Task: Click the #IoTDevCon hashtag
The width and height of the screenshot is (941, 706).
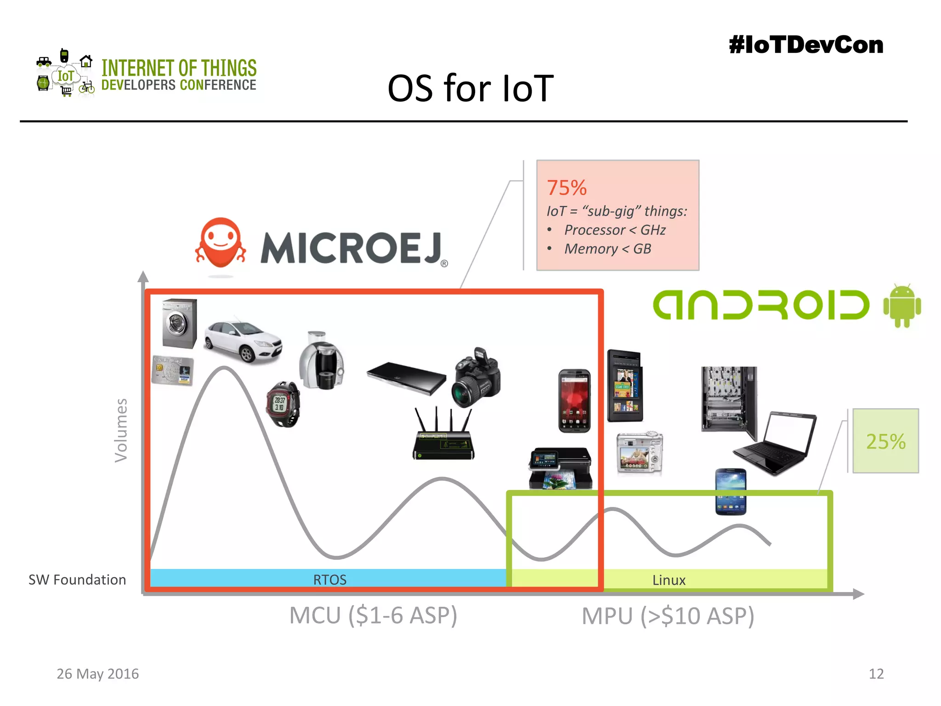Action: pyautogui.click(x=805, y=45)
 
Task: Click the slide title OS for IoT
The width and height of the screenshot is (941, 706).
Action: pyautogui.click(x=470, y=88)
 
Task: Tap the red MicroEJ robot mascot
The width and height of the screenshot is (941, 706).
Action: pyautogui.click(x=221, y=244)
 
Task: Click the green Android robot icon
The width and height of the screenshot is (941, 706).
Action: pyautogui.click(x=901, y=306)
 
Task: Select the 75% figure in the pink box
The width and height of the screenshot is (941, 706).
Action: pyautogui.click(x=567, y=188)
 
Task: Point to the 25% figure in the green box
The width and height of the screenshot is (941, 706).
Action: pyautogui.click(x=885, y=441)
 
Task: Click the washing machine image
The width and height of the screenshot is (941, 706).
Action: pyautogui.click(x=179, y=324)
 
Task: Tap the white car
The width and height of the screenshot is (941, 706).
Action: pyautogui.click(x=243, y=341)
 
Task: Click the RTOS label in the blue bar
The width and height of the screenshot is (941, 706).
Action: pyautogui.click(x=329, y=580)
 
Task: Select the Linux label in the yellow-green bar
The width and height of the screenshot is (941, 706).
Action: pyautogui.click(x=669, y=580)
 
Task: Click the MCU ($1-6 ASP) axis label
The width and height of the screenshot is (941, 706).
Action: pyautogui.click(x=373, y=615)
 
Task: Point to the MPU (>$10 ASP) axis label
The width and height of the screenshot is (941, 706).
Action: pyautogui.click(x=668, y=616)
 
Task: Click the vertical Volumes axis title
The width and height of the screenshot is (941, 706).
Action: pyautogui.click(x=121, y=430)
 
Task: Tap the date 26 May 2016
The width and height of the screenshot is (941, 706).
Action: pyautogui.click(x=97, y=674)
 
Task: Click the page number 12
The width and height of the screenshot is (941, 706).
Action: pyautogui.click(x=876, y=674)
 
